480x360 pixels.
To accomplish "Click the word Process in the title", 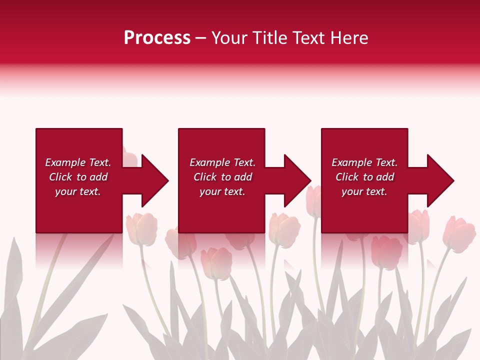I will click(x=157, y=38).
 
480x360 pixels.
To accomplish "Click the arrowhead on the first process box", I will click(x=155, y=180).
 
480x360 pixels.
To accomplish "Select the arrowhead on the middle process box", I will click(x=297, y=180).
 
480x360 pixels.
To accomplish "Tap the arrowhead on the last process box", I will click(x=440, y=180).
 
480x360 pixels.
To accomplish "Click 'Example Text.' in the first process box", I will click(x=78, y=162).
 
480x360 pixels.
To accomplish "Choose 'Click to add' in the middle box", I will click(x=222, y=177).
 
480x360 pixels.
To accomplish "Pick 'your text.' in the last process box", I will click(x=364, y=191).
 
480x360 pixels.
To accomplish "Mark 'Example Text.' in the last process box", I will click(x=364, y=162).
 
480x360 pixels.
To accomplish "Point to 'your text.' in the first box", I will click(x=78, y=191).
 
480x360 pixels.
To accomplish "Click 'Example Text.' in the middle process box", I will click(x=222, y=162).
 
